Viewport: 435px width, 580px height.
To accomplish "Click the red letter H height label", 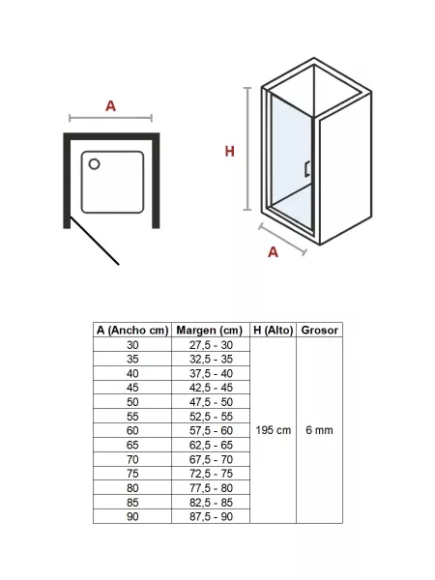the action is click(230, 152).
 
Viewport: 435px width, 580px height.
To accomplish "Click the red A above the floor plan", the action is click(110, 106).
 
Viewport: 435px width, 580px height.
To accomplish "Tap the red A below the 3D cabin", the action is click(273, 252).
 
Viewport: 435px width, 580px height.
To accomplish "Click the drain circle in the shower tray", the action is click(95, 164).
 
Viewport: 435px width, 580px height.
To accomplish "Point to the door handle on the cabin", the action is click(307, 169).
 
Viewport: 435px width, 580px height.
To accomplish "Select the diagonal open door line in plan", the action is click(95, 241).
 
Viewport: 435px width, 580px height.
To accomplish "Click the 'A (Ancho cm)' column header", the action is click(132, 330).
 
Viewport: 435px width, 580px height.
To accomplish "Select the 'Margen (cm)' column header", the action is click(210, 330).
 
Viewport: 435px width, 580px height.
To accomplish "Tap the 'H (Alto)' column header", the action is click(274, 330).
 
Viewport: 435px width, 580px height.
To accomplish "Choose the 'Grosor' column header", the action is click(320, 330).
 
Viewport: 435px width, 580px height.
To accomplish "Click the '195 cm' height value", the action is click(274, 430).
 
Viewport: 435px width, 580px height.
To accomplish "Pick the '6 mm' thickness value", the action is click(320, 430).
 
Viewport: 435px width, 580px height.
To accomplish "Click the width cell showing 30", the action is click(132, 345).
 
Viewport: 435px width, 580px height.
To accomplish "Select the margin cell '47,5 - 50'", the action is click(211, 402).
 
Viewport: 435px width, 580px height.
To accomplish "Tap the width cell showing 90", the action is click(132, 516).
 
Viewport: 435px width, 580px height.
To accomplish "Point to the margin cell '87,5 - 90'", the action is click(211, 516).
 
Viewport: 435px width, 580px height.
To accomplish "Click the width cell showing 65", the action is click(132, 445).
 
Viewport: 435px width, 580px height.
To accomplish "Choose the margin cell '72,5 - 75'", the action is click(211, 474).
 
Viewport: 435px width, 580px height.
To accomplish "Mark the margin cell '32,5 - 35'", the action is click(211, 360).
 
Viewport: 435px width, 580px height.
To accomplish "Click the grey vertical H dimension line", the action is click(247, 149).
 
